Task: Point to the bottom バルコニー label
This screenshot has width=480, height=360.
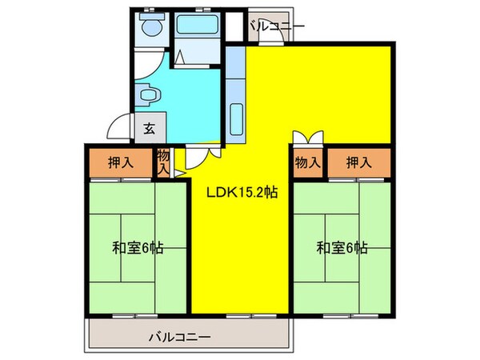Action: click(x=180, y=338)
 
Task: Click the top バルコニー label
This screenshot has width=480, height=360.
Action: click(x=276, y=26)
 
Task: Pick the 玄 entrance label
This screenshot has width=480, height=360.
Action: click(x=150, y=126)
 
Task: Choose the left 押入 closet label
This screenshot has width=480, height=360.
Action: click(x=120, y=162)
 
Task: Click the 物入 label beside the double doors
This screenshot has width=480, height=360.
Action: click(x=308, y=162)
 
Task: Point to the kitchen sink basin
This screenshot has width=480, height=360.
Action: click(x=236, y=118)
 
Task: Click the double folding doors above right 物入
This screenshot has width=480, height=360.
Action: click(x=308, y=138)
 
